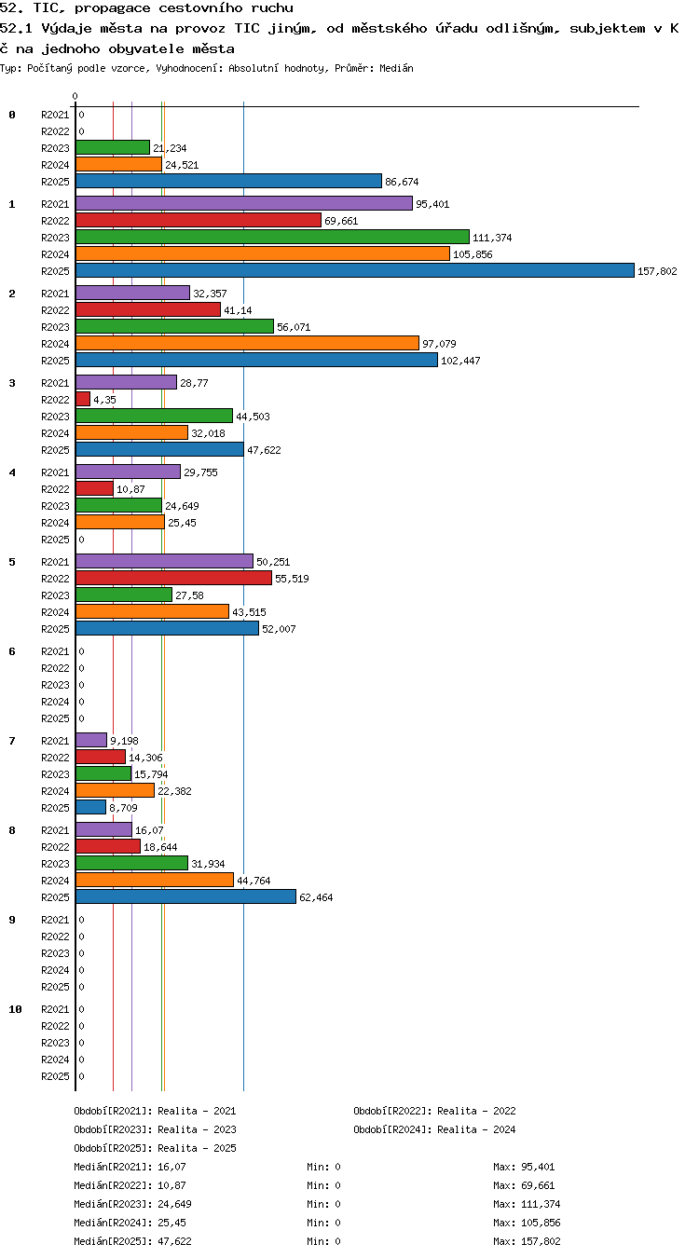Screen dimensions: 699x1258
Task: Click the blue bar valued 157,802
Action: click(354, 270)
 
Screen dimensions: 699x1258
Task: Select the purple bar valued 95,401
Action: click(244, 203)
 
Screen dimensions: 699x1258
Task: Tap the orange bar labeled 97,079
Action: click(247, 343)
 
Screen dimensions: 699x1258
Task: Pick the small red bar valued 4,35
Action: click(83, 400)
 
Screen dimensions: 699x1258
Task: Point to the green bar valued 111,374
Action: click(272, 237)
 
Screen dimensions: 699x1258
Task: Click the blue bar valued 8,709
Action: click(90, 808)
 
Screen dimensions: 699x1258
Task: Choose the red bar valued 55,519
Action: click(173, 578)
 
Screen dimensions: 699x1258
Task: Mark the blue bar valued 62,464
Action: click(185, 896)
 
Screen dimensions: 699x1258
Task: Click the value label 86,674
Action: click(402, 182)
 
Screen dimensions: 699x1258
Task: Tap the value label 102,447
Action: click(460, 361)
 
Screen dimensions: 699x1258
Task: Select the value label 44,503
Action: click(253, 417)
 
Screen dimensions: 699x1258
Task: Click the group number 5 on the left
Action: click(12, 562)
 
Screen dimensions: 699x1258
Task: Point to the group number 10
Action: click(15, 1009)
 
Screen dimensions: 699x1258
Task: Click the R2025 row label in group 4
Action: click(55, 540)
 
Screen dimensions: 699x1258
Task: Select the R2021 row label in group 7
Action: click(55, 741)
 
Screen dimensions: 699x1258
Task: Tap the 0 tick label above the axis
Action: click(75, 96)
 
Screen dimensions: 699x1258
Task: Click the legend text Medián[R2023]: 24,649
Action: click(132, 1204)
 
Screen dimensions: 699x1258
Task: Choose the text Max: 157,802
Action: click(527, 1241)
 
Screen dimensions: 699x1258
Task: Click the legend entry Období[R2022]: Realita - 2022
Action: click(434, 1111)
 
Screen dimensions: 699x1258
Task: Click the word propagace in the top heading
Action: click(113, 8)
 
